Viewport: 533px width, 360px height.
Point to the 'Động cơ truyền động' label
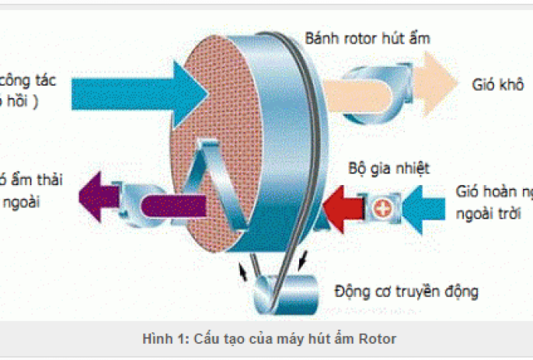click(x=406, y=291)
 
